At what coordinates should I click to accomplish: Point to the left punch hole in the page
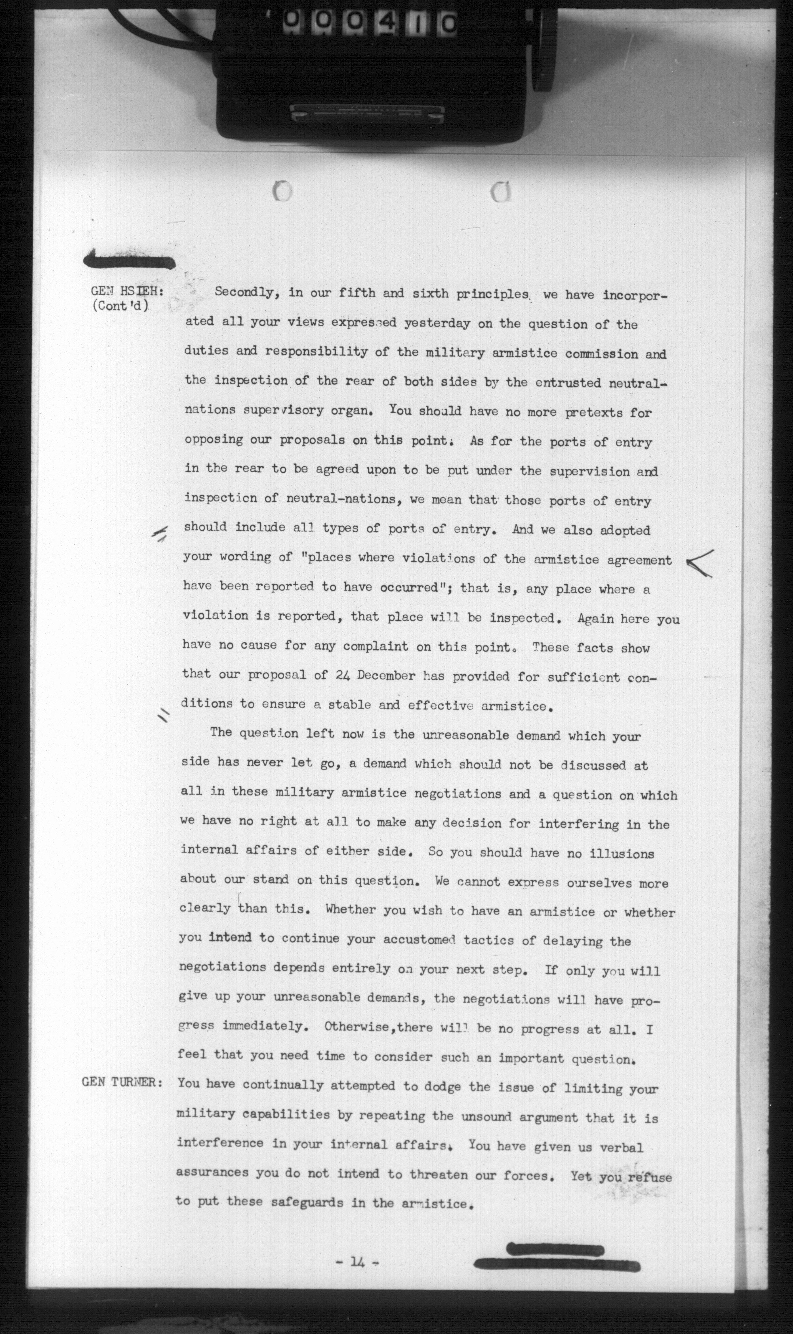click(x=282, y=191)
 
